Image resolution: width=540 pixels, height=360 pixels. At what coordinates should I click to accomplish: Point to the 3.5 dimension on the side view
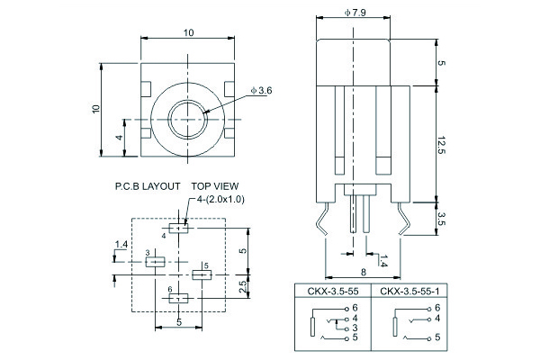[442, 219]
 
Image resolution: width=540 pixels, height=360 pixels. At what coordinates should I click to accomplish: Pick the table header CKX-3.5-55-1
[409, 292]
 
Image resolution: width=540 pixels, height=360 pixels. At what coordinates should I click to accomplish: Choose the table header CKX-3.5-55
[331, 292]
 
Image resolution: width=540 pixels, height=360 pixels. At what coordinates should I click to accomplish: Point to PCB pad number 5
[202, 274]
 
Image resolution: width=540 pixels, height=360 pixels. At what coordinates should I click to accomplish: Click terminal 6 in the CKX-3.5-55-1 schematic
[436, 308]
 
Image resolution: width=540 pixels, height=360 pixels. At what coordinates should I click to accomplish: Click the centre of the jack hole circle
[189, 119]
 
